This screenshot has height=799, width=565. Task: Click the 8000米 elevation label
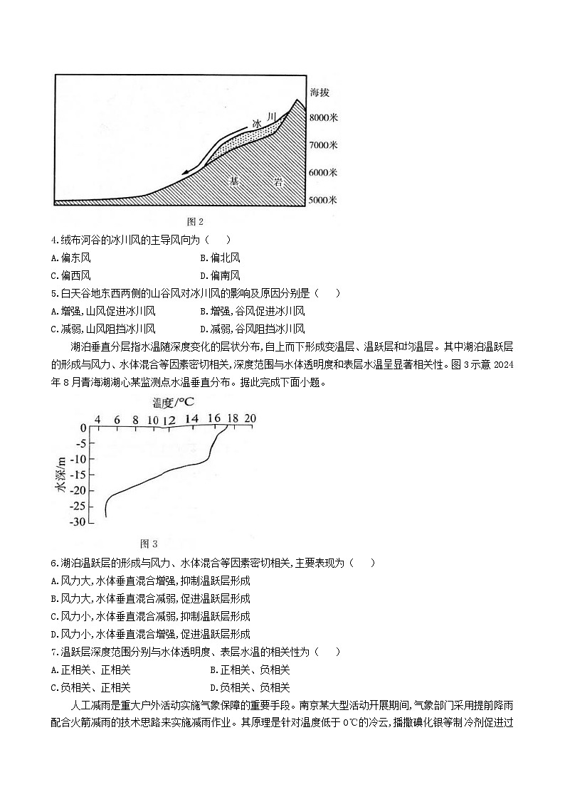click(323, 117)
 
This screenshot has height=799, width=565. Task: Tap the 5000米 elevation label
click(323, 201)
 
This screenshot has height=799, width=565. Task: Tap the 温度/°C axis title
click(173, 403)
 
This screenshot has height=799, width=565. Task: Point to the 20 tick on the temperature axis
click(250, 419)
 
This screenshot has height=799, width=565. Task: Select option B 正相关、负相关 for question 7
click(250, 670)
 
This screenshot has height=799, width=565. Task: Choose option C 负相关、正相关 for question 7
click(91, 687)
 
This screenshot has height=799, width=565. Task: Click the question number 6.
click(54, 563)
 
